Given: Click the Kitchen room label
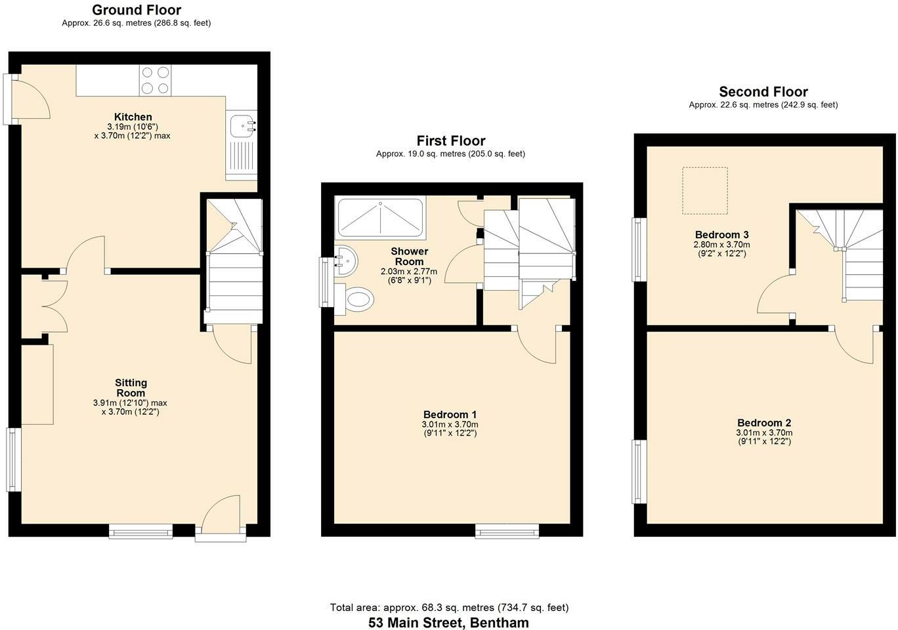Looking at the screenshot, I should (133, 117).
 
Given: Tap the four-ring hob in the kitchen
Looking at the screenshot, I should (155, 80).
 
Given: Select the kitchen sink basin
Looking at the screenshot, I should (242, 125).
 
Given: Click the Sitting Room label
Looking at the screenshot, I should (131, 388).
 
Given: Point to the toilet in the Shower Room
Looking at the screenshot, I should (358, 301).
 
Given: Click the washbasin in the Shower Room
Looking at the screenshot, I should (345, 261).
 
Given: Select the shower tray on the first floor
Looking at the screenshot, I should (379, 217).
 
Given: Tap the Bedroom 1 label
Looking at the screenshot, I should (450, 414).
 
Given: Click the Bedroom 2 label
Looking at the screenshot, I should (763, 423).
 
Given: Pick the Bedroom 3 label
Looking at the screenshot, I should (721, 234).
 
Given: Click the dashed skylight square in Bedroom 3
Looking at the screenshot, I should (705, 190).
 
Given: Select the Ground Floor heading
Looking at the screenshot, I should (136, 10).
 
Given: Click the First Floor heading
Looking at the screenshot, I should (450, 140).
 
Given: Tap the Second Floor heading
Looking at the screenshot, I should (763, 92).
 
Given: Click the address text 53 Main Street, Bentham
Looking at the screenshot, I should (448, 623).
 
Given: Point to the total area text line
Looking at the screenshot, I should (448, 608).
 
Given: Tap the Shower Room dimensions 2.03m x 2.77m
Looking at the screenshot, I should (408, 271).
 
